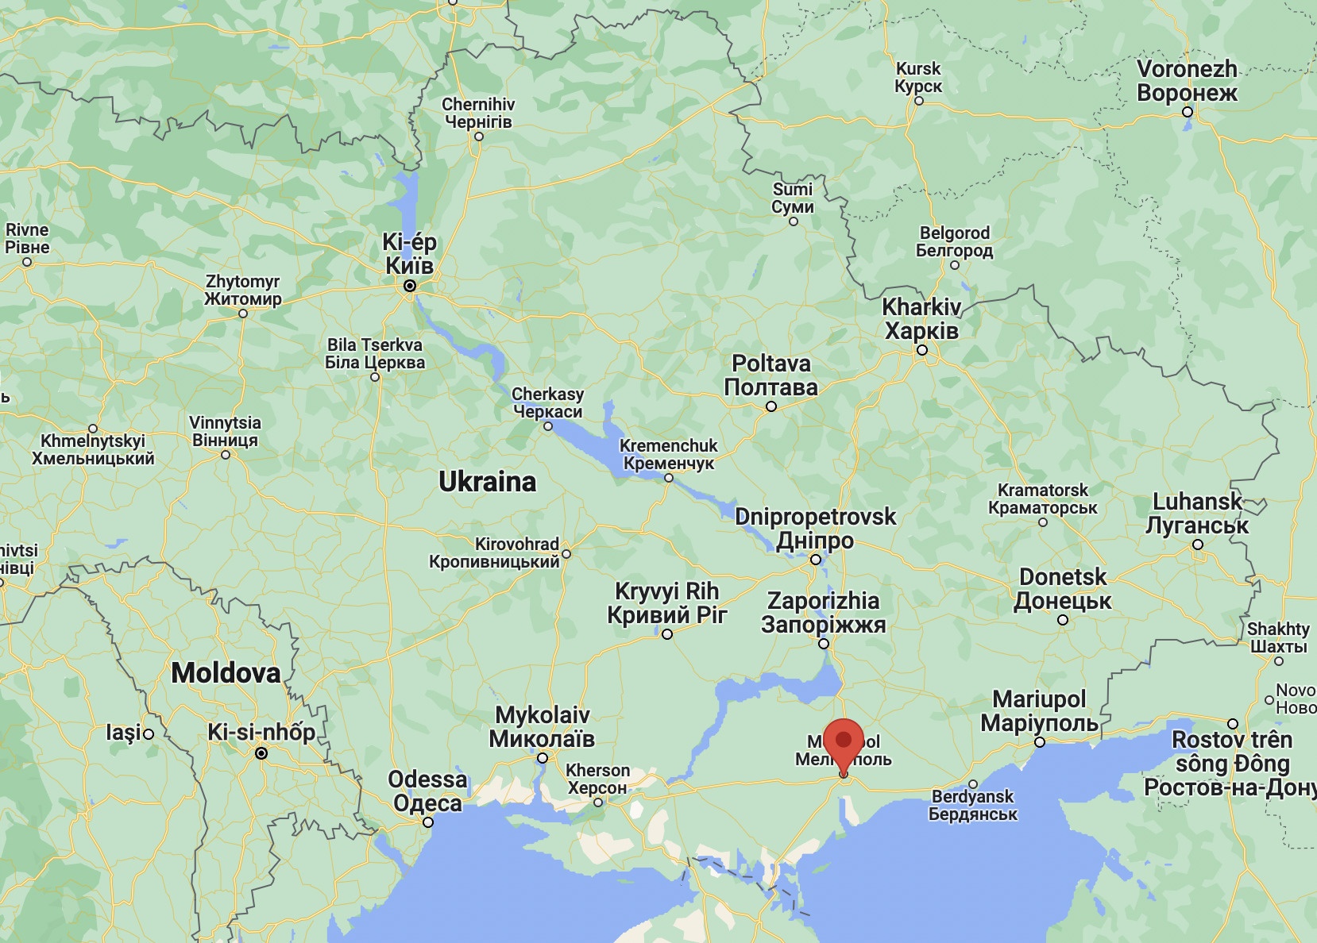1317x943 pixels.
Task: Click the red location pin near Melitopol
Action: (844, 743)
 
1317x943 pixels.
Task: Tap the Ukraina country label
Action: (487, 482)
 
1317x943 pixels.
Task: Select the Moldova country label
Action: (226, 673)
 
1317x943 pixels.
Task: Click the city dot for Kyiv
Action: (410, 286)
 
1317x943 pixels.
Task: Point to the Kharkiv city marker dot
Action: (921, 350)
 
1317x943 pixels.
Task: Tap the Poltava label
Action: (771, 375)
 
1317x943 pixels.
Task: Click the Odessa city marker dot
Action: (428, 822)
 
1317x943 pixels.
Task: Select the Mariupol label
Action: (1039, 711)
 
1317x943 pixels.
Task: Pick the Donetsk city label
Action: (1063, 589)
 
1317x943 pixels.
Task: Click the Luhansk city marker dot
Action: (1198, 545)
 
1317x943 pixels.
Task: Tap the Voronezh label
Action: (1187, 81)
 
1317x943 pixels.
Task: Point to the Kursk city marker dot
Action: (918, 101)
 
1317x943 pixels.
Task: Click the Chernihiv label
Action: (478, 113)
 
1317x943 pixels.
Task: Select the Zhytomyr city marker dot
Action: (243, 314)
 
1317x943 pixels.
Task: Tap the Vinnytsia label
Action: (225, 431)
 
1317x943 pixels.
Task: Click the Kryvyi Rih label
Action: (666, 603)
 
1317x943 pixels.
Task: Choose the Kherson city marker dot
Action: (598, 803)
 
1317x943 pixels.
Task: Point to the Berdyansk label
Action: (972, 805)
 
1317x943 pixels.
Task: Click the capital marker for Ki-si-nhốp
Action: (261, 753)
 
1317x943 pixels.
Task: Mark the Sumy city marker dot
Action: (793, 221)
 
